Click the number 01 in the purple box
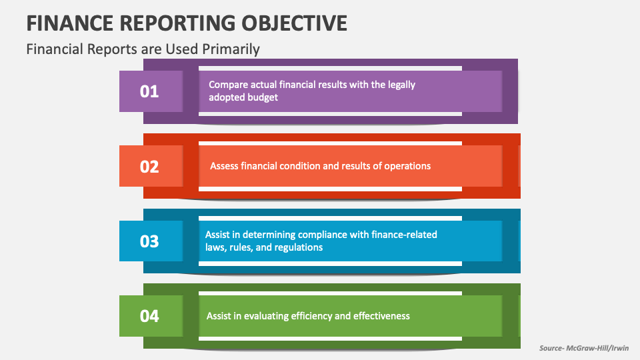tap(149, 91)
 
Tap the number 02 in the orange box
tap(149, 166)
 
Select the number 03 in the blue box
tap(149, 241)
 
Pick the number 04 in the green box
tap(149, 315)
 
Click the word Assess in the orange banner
tap(224, 166)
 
